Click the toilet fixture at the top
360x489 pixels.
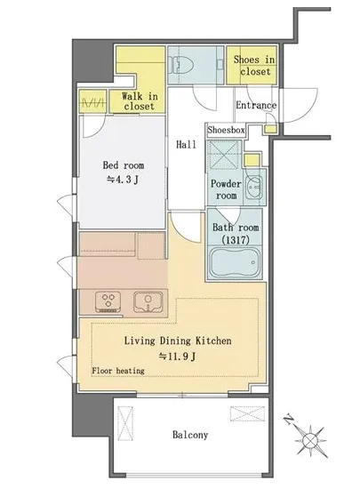tap(180, 65)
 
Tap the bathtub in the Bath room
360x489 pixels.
tap(235, 262)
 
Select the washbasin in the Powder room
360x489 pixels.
tap(254, 188)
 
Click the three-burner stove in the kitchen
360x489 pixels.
tap(108, 302)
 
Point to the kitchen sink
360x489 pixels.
tap(148, 301)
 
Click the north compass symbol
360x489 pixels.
tap(308, 436)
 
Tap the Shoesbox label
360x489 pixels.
tap(226, 130)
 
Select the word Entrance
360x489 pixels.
tap(256, 105)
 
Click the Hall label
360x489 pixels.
tap(186, 144)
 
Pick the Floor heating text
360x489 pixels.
tap(118, 371)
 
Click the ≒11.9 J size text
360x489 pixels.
tap(177, 357)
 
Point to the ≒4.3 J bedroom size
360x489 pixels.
tap(123, 180)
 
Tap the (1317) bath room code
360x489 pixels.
tap(236, 240)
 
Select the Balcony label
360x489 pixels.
tap(190, 435)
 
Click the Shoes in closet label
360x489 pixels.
tap(254, 65)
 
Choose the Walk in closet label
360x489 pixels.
tap(140, 101)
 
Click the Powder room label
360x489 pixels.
tap(226, 189)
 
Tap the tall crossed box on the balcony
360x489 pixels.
tap(125, 423)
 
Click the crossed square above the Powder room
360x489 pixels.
tap(224, 155)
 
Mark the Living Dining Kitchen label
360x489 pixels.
tap(178, 341)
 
